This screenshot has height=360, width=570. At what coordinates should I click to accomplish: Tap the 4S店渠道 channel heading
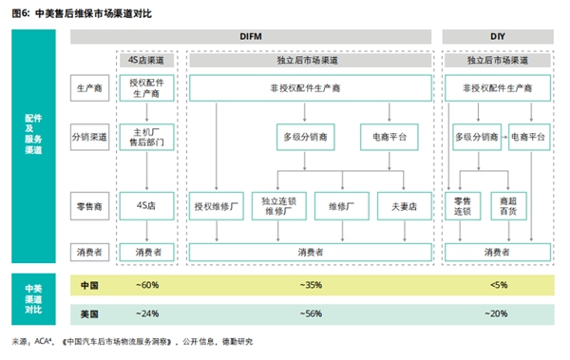click(147, 60)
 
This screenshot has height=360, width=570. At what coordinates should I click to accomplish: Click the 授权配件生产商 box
click(147, 88)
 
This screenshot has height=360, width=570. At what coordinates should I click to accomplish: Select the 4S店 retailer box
click(147, 204)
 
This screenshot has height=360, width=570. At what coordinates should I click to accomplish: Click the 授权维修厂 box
click(216, 204)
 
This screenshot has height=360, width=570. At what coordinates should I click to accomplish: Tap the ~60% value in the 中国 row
click(147, 284)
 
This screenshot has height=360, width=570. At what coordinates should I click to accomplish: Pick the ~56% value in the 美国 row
click(307, 313)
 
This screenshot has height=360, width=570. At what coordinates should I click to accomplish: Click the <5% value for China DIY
click(497, 284)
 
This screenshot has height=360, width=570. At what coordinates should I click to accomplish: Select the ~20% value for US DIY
click(497, 313)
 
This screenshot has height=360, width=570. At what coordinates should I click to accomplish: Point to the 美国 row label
click(89, 313)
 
